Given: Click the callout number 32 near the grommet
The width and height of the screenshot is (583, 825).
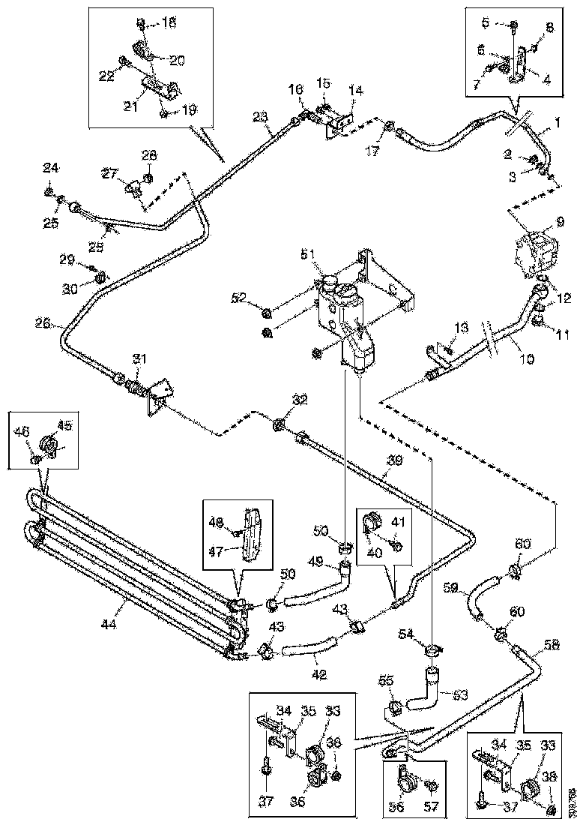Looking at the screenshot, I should tap(300, 400).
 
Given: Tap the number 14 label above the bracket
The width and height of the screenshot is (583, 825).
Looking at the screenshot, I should tap(355, 90).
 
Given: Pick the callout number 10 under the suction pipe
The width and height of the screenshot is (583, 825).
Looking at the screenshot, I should tap(527, 359).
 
